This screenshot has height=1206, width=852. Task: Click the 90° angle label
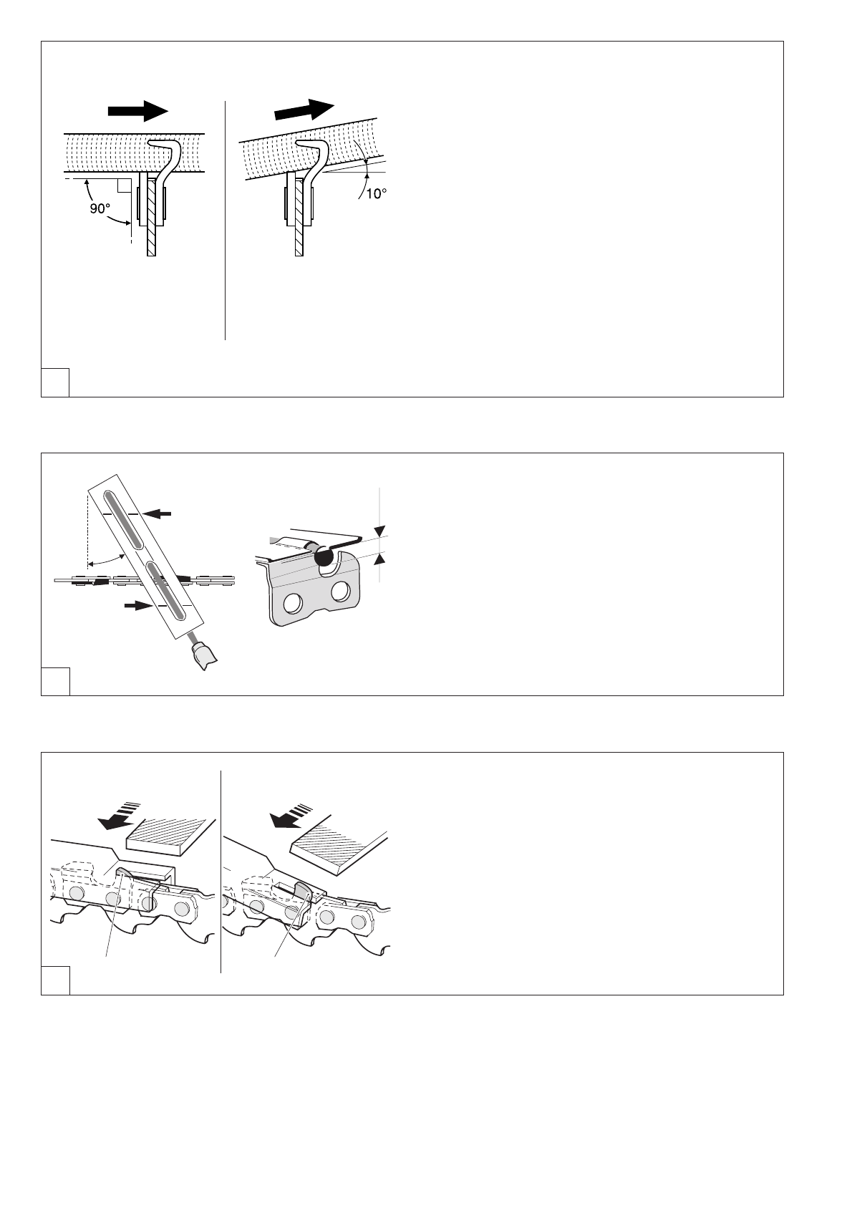100,209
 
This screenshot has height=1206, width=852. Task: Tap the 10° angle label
379,193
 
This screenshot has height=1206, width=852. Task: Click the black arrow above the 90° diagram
137,111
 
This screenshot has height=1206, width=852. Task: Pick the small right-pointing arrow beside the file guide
134,605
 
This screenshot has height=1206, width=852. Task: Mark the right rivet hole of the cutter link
341,592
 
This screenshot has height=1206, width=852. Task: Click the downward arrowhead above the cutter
379,531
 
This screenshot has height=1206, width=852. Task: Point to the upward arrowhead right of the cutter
379,557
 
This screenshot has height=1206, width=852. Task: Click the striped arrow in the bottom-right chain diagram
289,817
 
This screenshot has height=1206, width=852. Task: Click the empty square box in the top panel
55,382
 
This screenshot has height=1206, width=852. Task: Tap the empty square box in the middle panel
55,681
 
